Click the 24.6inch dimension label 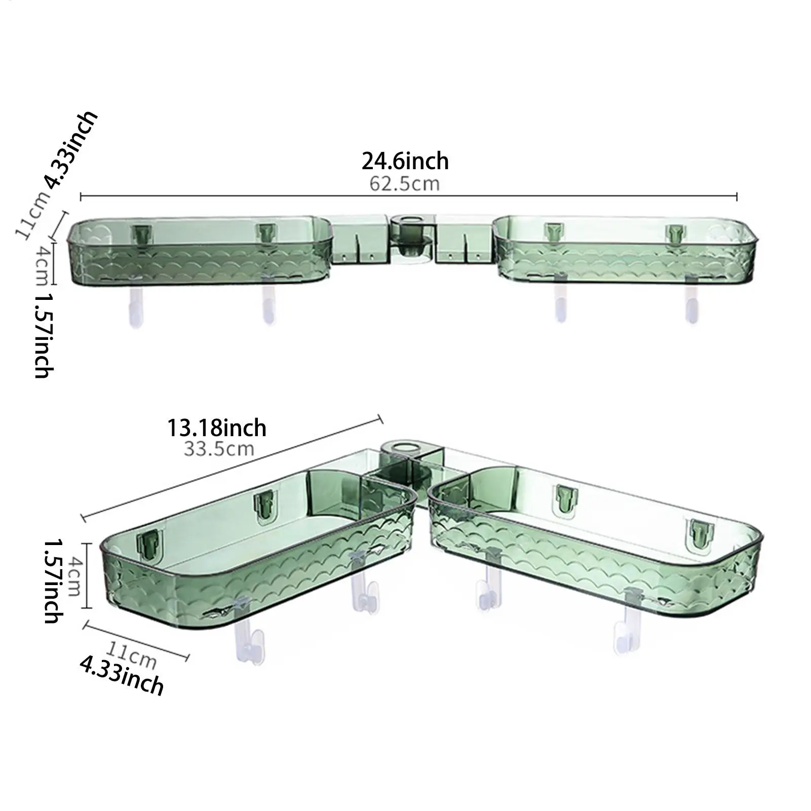405,161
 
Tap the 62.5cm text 404,183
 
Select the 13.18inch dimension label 217,428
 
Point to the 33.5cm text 219,449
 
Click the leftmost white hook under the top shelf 135,306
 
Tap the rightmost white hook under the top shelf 691,304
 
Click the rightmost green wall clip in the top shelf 674,233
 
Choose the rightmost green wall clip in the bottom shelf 700,530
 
